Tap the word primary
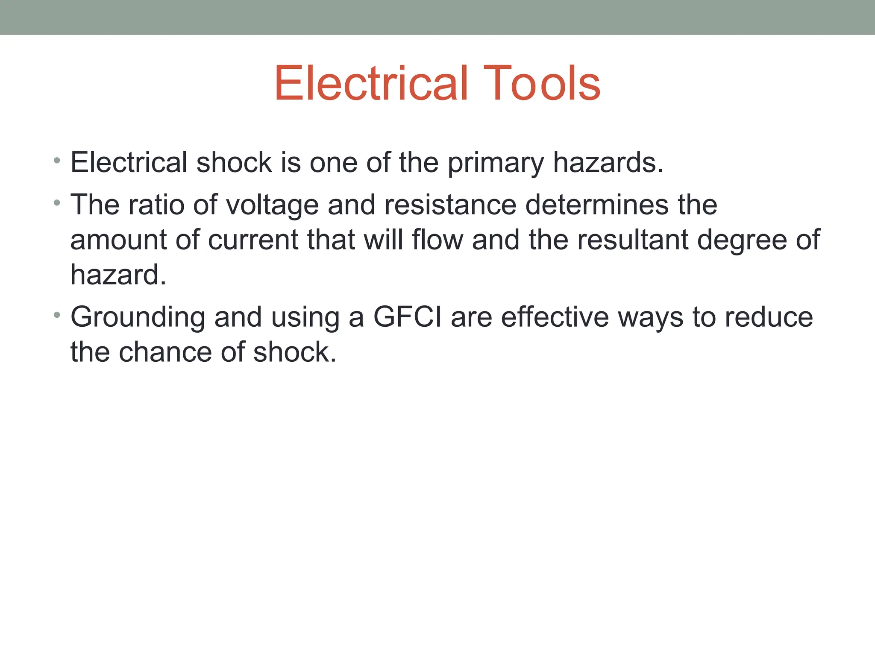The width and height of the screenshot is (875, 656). coord(496,163)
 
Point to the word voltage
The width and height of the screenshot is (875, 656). coord(272,205)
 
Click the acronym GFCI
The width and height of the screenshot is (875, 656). coord(407,317)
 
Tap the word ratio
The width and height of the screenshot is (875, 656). coord(156,205)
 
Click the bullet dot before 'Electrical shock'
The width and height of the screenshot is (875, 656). coord(57,161)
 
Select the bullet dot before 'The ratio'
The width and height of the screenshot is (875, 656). coord(57,203)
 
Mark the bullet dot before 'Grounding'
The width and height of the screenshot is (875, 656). coord(57,315)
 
